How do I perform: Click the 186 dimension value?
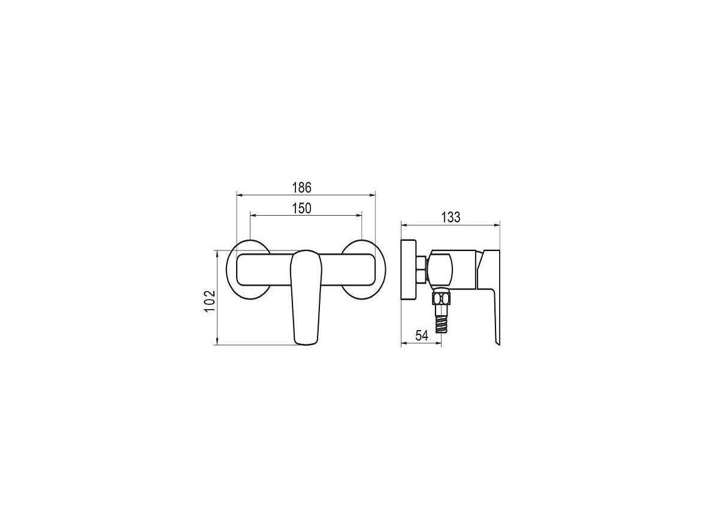(x=302, y=188)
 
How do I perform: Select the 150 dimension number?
(x=302, y=208)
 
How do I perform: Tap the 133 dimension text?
(x=451, y=217)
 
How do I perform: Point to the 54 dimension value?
(x=422, y=335)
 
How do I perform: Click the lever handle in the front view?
(x=306, y=297)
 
